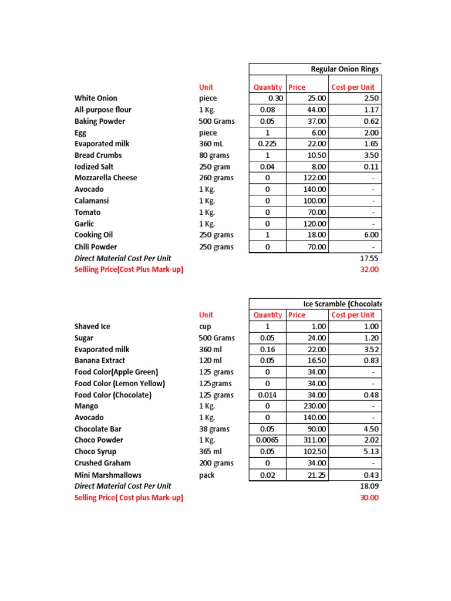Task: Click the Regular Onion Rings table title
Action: click(x=344, y=69)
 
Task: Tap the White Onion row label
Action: click(x=96, y=98)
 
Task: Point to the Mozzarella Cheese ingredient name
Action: click(x=106, y=178)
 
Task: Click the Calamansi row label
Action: click(x=92, y=201)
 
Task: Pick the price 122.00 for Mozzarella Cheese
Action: click(x=314, y=178)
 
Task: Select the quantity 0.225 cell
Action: click(x=268, y=144)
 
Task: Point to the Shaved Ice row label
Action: click(x=92, y=326)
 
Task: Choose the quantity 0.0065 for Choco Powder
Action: click(x=267, y=440)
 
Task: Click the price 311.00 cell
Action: click(x=314, y=440)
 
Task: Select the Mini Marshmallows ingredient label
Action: click(x=108, y=475)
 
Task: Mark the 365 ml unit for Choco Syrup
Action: click(x=211, y=451)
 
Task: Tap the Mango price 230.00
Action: click(x=314, y=406)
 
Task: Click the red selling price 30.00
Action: click(x=369, y=498)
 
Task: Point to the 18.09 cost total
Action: click(x=369, y=486)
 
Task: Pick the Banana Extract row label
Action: click(x=100, y=360)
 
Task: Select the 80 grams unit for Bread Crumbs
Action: click(x=214, y=155)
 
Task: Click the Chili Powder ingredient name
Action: click(x=96, y=247)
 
